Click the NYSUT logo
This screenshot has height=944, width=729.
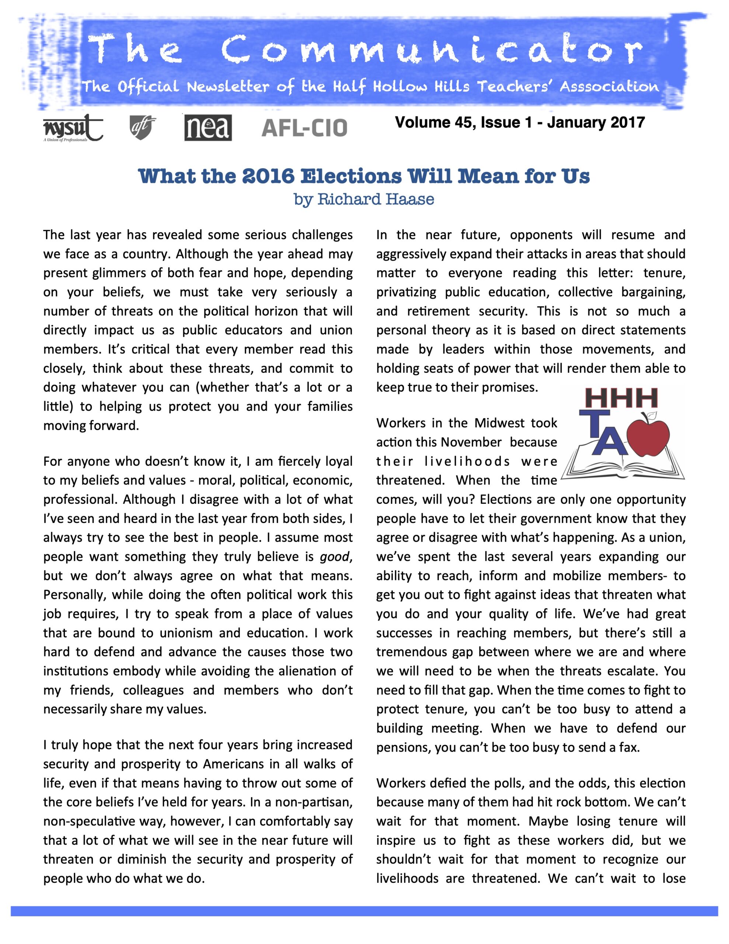(x=72, y=128)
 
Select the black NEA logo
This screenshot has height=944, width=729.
(x=208, y=128)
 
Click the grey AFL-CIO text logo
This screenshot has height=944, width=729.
(x=304, y=128)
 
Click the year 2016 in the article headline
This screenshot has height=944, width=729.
(x=268, y=176)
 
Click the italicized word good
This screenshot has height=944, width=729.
(x=334, y=556)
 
